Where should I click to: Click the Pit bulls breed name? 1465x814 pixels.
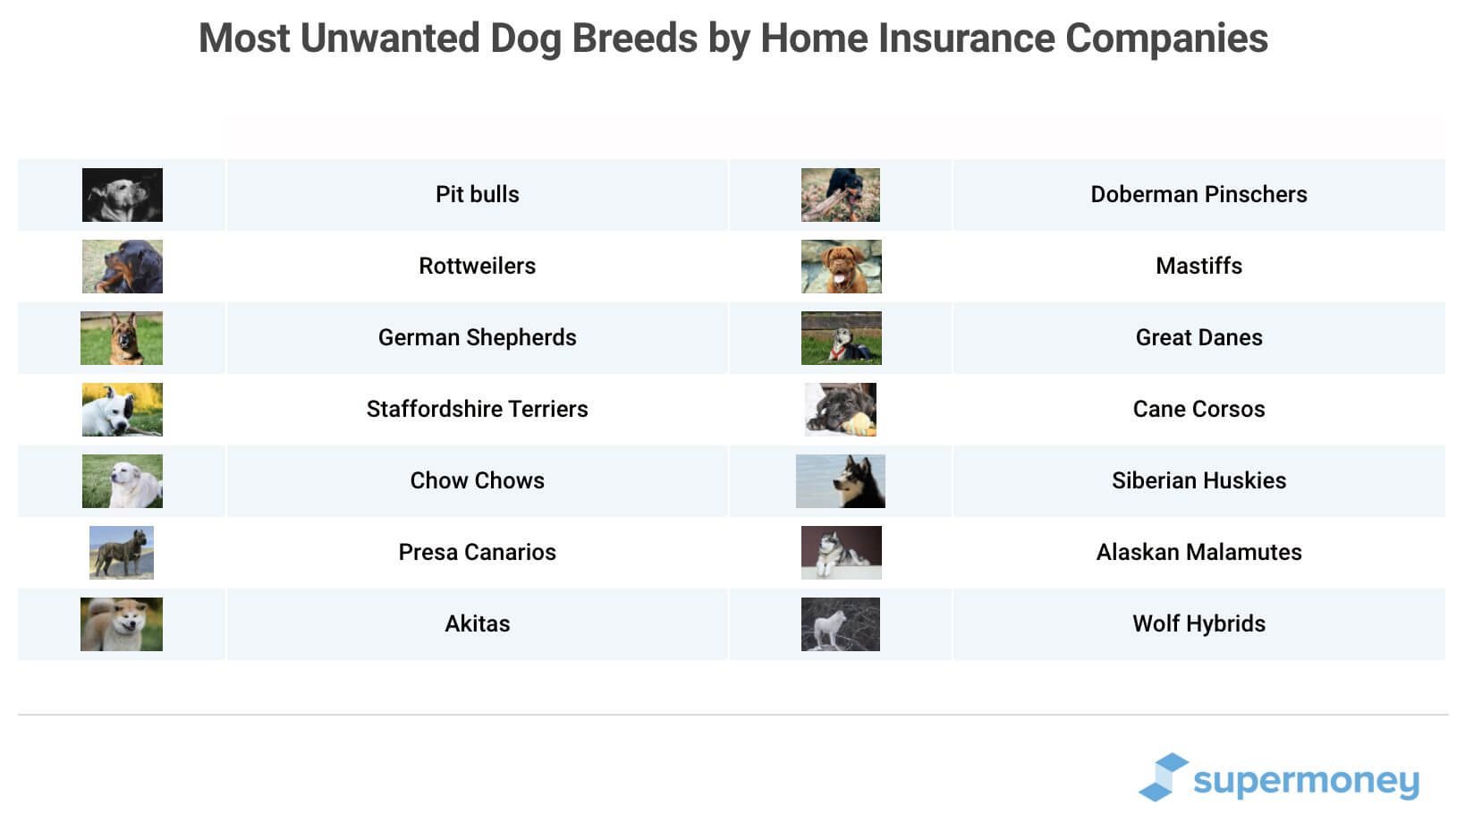click(477, 194)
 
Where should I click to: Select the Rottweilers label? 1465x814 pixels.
click(477, 266)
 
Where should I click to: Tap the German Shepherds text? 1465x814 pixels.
click(477, 337)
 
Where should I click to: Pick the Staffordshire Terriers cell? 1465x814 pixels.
click(477, 409)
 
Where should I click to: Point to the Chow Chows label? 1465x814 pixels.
click(477, 480)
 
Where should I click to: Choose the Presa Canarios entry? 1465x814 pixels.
click(477, 552)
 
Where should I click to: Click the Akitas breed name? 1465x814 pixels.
click(477, 623)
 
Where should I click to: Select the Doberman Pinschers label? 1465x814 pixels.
click(1198, 194)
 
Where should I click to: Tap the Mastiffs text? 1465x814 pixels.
click(1198, 266)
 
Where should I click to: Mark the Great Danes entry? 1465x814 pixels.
click(1198, 337)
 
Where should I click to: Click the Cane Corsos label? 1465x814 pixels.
click(1198, 409)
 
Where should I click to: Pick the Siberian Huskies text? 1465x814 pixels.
click(1198, 480)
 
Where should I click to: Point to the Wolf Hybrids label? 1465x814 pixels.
click(1198, 623)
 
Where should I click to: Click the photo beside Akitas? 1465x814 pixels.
click(122, 624)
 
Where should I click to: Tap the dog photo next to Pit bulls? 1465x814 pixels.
click(123, 195)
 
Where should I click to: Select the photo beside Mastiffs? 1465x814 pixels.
click(841, 267)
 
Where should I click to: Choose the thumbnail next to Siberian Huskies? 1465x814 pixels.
click(841, 481)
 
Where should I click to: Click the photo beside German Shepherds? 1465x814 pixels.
click(122, 338)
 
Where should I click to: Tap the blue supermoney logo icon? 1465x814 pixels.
click(1163, 776)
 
